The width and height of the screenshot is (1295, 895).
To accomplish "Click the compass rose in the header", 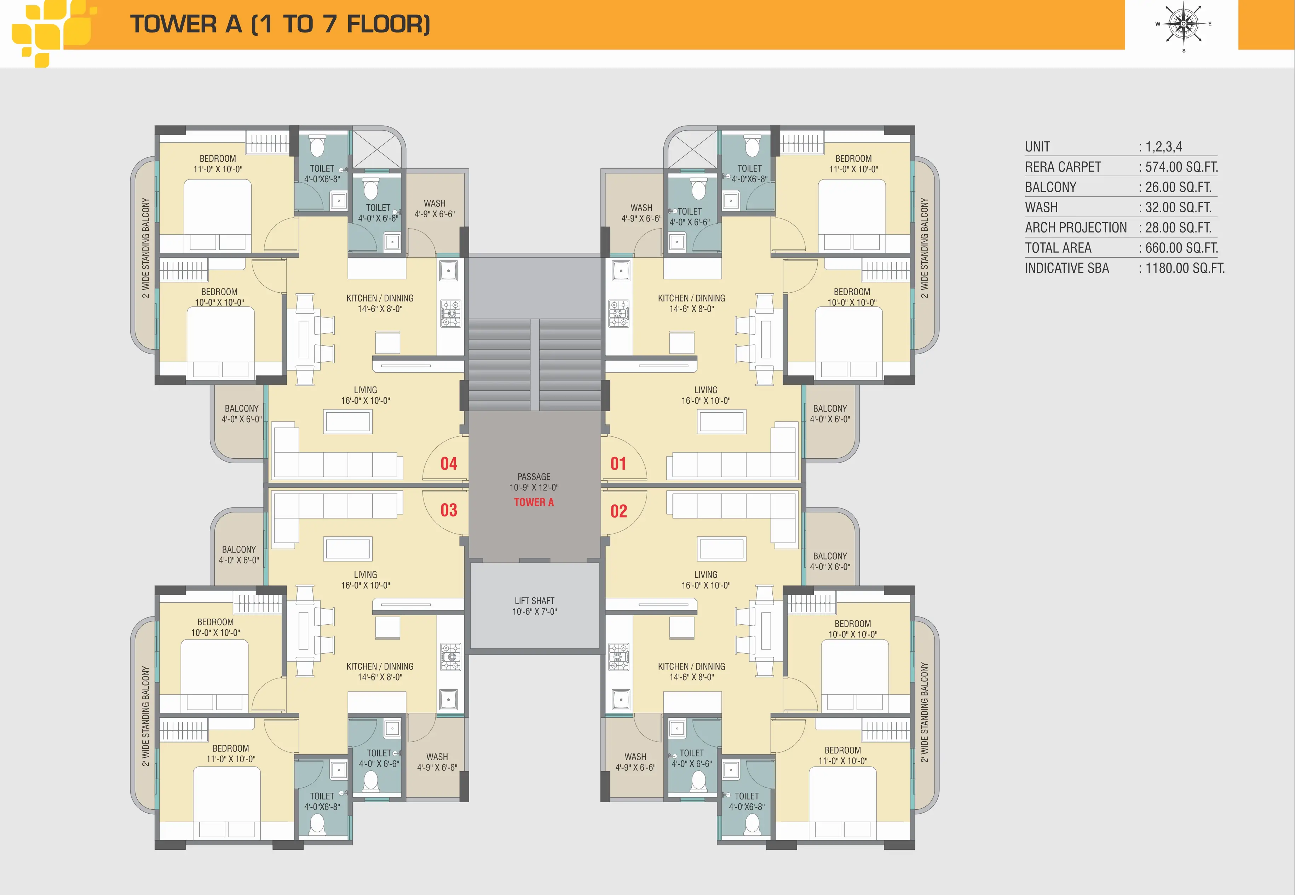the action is click(1184, 25).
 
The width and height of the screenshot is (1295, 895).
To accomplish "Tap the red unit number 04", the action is click(449, 464).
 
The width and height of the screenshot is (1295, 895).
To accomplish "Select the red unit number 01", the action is click(618, 464).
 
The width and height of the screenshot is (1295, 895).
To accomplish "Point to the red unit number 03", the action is click(449, 510).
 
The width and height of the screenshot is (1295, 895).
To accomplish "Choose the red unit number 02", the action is click(619, 511).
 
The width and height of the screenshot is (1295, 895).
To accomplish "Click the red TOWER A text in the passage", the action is click(534, 503).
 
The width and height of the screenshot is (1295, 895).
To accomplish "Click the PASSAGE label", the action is click(534, 477).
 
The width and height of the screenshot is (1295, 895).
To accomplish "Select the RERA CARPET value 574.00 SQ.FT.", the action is click(1181, 167).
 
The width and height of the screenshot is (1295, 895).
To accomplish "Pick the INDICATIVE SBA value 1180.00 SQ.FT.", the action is click(1185, 268).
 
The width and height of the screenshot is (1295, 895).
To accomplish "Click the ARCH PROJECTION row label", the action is click(1076, 228).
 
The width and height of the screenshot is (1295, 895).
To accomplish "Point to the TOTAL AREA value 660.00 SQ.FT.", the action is click(1181, 248).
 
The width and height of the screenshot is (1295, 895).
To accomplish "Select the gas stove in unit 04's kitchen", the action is click(450, 314).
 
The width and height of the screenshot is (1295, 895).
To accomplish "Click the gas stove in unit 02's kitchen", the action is click(619, 657).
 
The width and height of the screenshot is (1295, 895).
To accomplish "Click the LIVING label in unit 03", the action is click(366, 575).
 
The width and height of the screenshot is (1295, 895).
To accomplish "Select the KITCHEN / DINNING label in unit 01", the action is click(692, 298).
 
